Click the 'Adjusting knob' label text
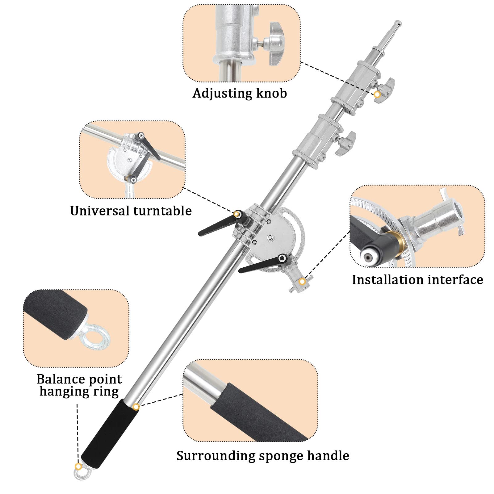[240, 93]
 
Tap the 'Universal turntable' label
[131, 211]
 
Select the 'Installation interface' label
[417, 280]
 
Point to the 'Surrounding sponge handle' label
[263, 456]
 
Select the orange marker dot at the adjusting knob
[377, 94]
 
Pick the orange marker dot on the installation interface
[303, 281]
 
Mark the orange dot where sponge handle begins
[136, 407]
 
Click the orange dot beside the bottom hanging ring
[79, 466]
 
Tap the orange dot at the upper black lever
[237, 214]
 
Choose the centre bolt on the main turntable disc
[270, 237]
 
